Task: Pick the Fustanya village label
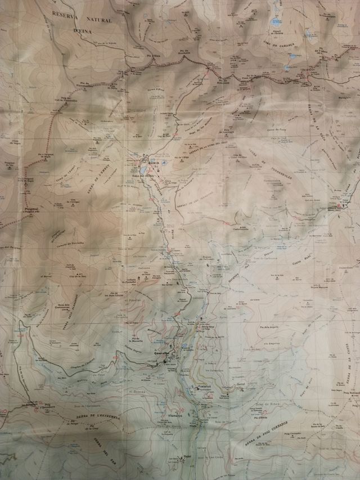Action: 204,388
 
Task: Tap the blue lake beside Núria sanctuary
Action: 145,168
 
